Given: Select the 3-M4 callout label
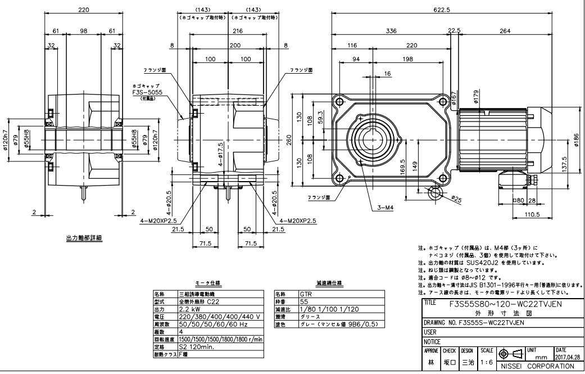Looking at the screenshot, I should (x=385, y=208).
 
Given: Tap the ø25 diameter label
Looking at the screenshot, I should (x=456, y=200).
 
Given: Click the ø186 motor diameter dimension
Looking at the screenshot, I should (x=577, y=138).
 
